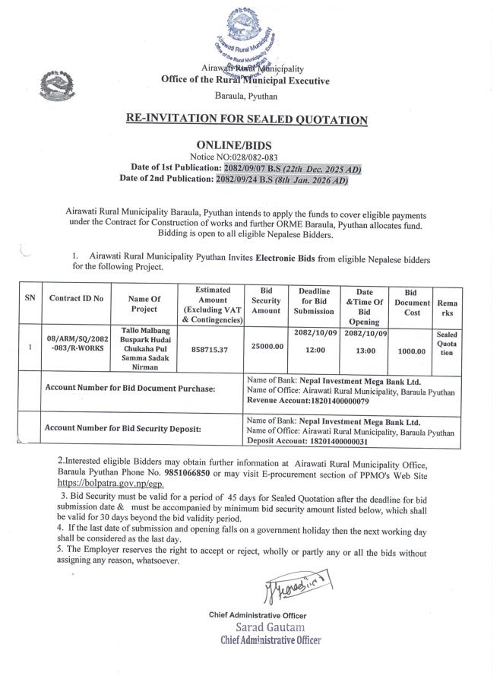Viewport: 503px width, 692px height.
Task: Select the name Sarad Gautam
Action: [x=270, y=627]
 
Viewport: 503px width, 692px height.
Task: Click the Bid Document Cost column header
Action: [x=412, y=303]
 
